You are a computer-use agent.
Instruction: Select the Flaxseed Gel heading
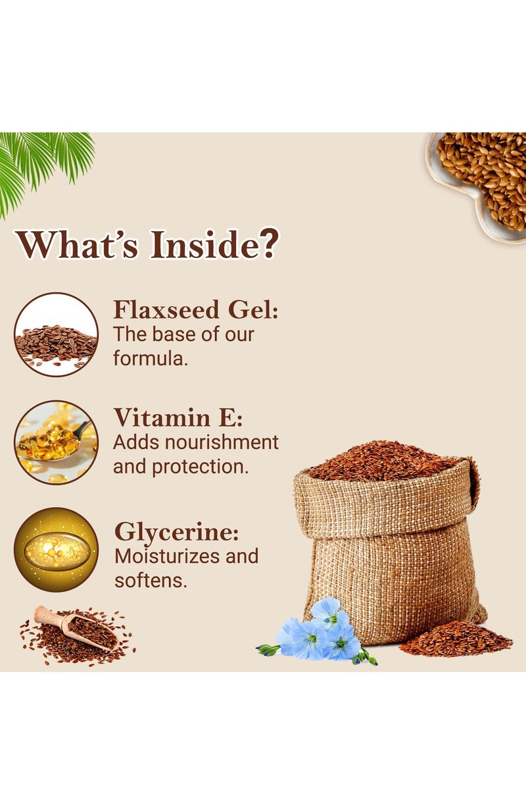(x=195, y=310)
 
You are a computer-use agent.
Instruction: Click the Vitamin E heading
(x=178, y=417)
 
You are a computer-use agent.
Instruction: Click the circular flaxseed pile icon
(x=56, y=334)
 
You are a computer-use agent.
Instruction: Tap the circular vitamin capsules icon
(x=56, y=442)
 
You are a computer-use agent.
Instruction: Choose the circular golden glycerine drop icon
(x=56, y=550)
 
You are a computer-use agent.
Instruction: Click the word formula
(x=151, y=359)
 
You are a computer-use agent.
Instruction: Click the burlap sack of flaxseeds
(x=388, y=540)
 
